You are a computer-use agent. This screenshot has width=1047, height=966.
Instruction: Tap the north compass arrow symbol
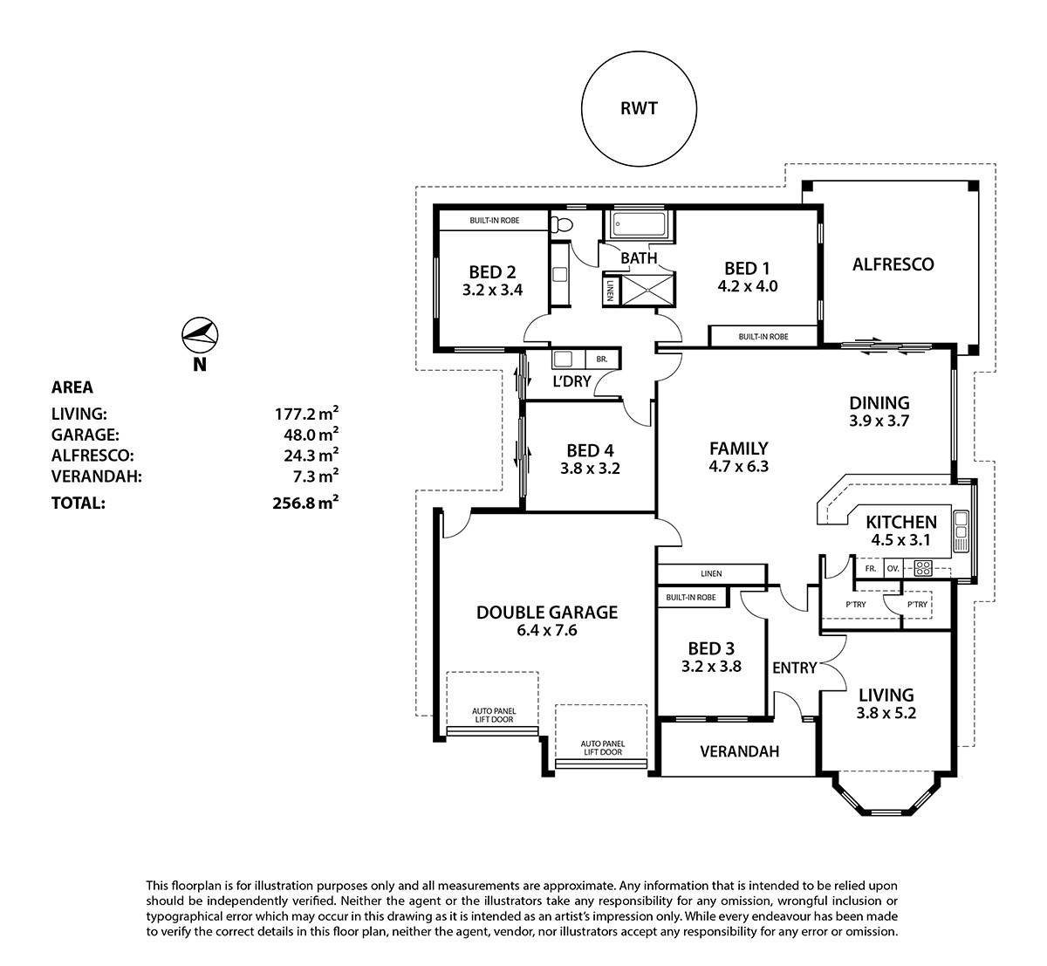click(200, 335)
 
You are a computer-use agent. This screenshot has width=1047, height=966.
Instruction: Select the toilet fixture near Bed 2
click(561, 225)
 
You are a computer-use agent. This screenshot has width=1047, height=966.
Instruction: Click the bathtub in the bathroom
click(639, 224)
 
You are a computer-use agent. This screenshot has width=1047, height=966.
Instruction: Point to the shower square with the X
click(648, 290)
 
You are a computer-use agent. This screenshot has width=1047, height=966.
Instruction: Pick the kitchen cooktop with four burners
click(923, 568)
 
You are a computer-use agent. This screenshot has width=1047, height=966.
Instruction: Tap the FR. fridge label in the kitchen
click(871, 569)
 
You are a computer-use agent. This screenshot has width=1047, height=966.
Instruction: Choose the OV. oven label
click(893, 569)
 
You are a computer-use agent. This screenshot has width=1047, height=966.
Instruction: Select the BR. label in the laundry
click(602, 359)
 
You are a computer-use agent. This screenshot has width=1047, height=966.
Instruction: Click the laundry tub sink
click(563, 359)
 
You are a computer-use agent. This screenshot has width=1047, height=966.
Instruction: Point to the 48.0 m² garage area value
click(311, 435)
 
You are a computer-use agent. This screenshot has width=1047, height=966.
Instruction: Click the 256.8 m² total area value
click(305, 503)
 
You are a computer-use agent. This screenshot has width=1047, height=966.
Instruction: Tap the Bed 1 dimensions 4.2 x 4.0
click(748, 286)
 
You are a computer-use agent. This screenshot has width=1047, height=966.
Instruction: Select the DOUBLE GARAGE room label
click(547, 613)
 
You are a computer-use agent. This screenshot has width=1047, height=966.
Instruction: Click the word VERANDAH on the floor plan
click(740, 751)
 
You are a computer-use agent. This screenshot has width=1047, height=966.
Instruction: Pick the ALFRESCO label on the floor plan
click(893, 264)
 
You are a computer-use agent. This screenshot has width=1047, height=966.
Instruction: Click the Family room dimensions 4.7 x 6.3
click(739, 467)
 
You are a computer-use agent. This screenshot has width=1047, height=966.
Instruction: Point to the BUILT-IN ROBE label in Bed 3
click(691, 598)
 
